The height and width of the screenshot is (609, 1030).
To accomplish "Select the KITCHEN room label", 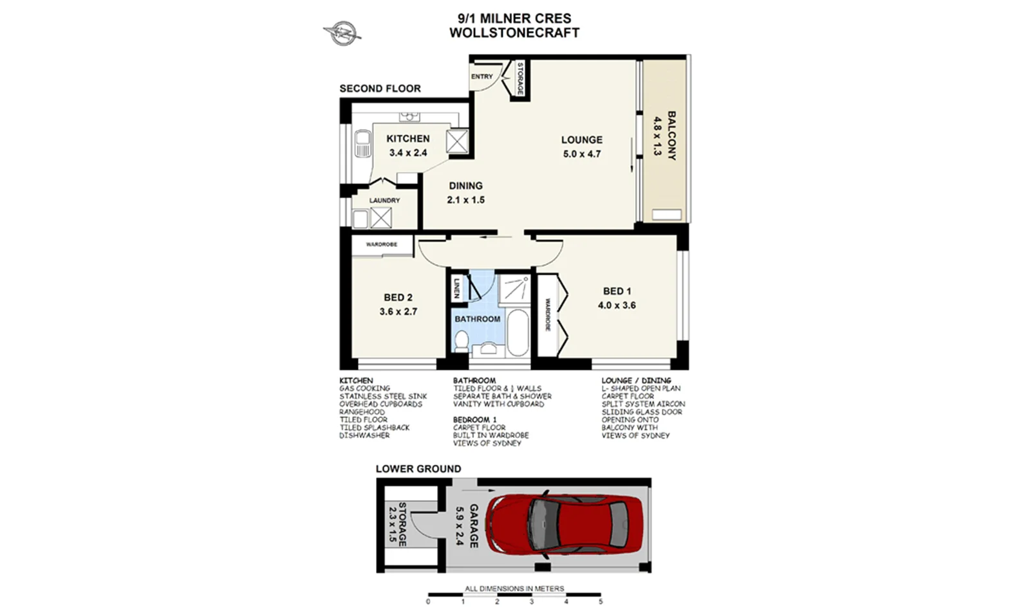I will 407,139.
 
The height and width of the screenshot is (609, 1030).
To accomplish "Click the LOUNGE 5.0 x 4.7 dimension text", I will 581,154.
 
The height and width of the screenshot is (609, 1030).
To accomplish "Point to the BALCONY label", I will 671,136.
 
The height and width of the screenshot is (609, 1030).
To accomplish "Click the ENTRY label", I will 482,77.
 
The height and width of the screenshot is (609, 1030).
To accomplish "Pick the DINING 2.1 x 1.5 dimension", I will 465,200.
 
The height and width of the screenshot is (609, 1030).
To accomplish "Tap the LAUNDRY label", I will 384,201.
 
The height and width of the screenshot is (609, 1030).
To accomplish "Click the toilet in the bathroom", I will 461,341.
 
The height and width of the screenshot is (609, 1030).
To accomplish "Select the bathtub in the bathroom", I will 517,332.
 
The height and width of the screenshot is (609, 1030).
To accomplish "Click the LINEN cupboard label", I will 456,287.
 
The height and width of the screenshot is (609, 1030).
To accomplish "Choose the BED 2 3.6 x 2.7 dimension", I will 398,312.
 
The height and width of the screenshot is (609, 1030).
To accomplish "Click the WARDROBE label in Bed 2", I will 381,244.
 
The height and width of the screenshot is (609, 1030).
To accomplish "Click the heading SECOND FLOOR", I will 380,89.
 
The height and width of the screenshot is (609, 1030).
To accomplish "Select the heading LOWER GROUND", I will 418,469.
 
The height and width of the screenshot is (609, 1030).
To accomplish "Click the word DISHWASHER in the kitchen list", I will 364,435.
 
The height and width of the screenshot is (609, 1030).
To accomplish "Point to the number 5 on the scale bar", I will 600,602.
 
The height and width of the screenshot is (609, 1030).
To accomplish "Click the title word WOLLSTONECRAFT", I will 514,33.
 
